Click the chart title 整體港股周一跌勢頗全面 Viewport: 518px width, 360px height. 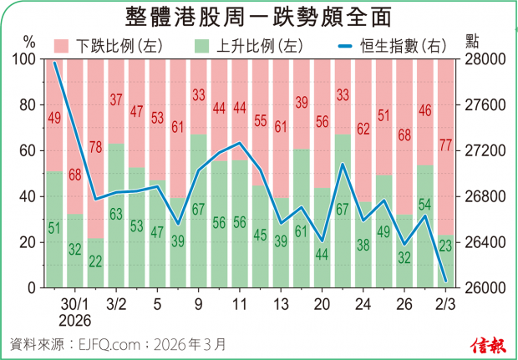tap(258, 17)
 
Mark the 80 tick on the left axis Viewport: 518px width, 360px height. tap(28, 106)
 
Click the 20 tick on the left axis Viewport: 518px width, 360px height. tap(28, 243)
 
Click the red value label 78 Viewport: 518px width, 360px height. tap(96, 148)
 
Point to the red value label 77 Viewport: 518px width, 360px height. tap(444, 146)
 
